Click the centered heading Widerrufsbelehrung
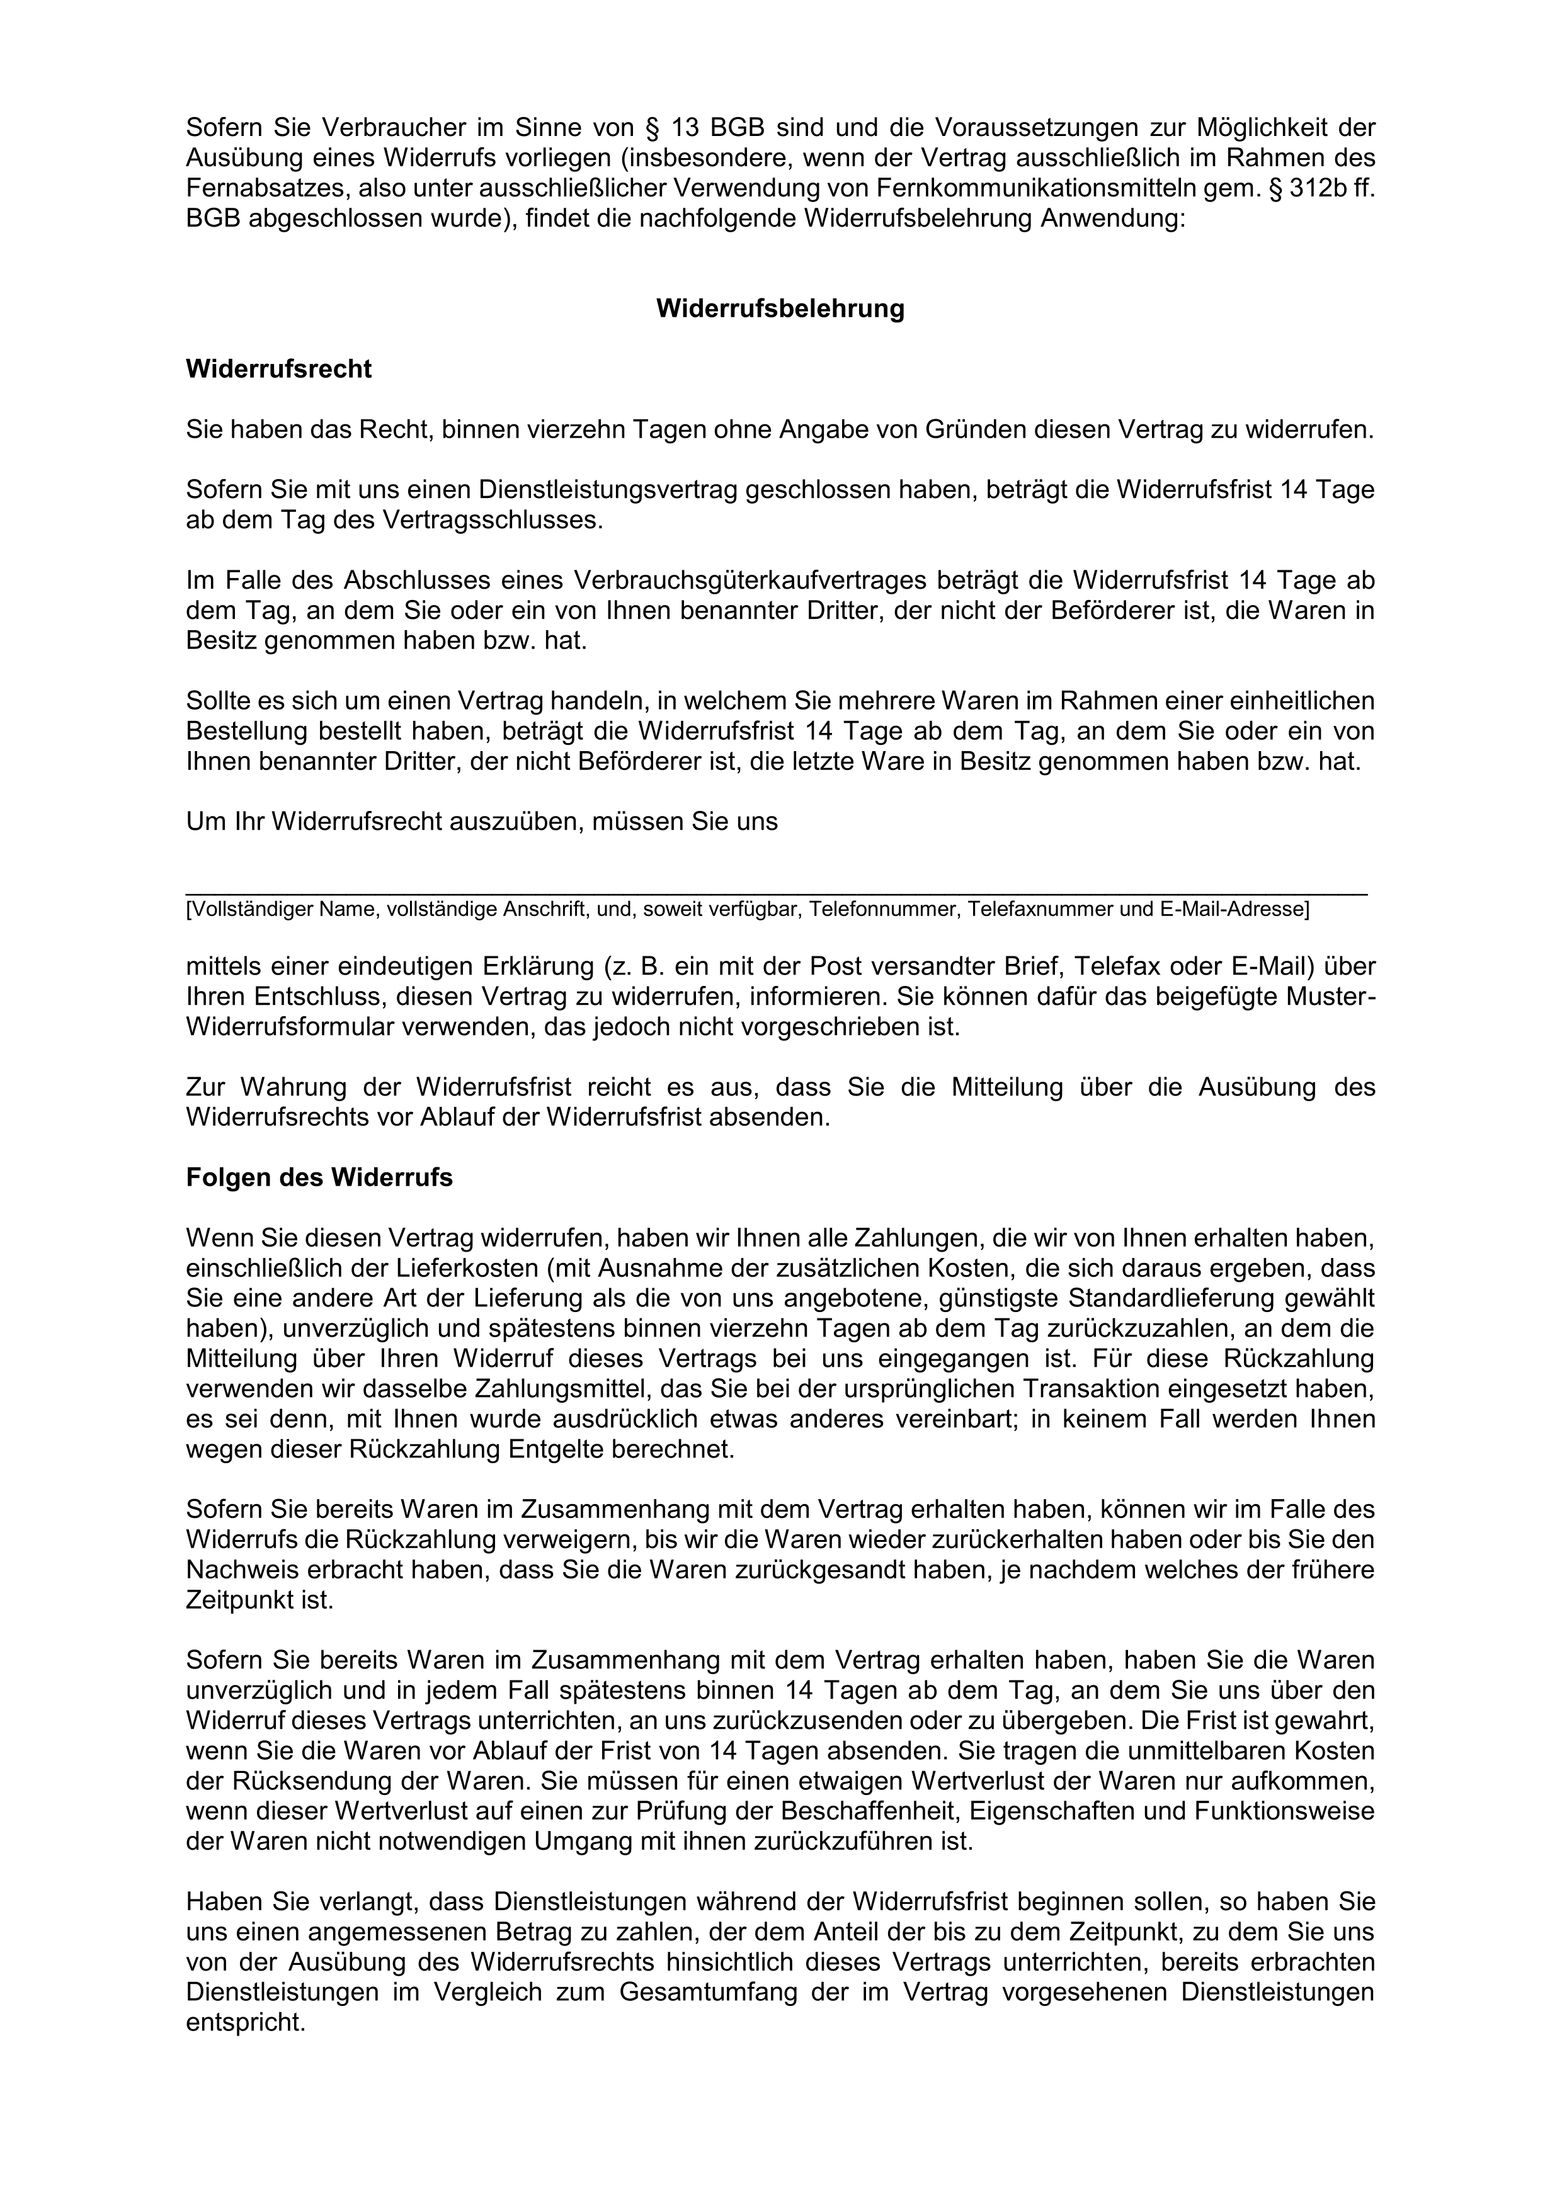(x=780, y=309)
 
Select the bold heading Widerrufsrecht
(x=279, y=370)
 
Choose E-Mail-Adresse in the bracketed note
(x=1234, y=909)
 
